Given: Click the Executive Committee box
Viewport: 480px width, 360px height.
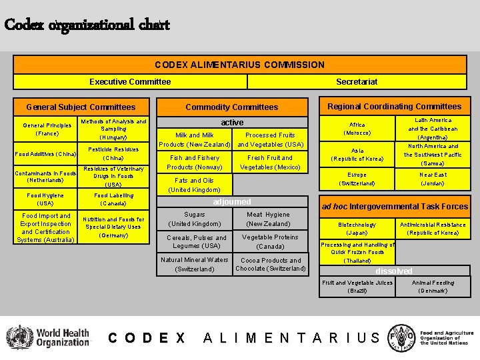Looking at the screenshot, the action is coord(131,82).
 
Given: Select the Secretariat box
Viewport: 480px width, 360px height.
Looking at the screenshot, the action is coord(357,82).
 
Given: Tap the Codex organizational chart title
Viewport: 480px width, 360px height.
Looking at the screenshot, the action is coord(87,25).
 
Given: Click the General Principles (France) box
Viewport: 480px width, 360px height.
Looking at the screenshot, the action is coord(47,129).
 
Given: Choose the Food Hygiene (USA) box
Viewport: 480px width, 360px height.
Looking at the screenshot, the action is coord(45,199).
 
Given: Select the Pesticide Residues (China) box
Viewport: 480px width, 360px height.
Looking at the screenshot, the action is coord(113,154).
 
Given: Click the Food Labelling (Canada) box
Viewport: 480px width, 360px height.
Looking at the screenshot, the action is coord(113,199).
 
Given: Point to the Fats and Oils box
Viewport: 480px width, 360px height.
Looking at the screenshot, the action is coord(195,185).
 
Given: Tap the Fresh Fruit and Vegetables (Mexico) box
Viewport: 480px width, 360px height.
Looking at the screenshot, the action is coord(271,163).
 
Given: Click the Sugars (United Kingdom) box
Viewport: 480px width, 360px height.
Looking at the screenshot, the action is coord(195,219).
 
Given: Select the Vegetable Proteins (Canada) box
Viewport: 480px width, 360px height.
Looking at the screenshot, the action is coord(271,242).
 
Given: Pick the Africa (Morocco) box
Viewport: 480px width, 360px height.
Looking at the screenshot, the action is coord(357,129).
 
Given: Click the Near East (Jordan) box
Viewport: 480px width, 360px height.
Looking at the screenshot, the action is coord(433,179).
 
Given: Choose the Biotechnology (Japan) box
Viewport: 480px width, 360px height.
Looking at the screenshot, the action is coord(357,229).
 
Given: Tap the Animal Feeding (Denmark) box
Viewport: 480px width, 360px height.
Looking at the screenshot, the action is coord(433,287).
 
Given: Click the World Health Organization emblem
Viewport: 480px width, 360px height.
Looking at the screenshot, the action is coord(19,337).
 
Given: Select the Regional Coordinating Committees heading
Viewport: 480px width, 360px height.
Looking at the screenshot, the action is coord(395,107).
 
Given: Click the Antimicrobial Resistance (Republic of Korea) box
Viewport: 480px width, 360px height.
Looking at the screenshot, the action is coord(433,229).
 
